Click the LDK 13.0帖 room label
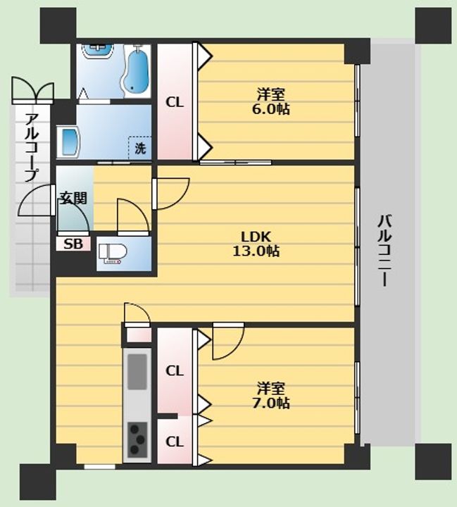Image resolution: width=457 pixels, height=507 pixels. [256, 244]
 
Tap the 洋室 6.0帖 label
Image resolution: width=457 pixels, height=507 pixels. [270, 102]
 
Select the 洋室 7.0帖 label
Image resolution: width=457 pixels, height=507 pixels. [270, 396]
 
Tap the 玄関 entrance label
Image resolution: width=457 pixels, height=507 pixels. [74, 198]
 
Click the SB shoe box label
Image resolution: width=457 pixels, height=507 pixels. [73, 244]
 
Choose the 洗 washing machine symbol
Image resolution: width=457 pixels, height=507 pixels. [140, 148]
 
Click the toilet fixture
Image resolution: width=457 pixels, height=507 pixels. [113, 254]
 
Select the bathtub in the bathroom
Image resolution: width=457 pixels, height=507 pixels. [135, 70]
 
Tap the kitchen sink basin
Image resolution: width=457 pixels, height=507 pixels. [137, 372]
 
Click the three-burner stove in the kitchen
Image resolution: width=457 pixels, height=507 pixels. [137, 439]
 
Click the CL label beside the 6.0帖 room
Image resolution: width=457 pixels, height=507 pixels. [175, 103]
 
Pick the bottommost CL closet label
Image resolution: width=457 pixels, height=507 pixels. [175, 442]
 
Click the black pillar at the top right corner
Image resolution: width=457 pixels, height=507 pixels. [433, 26]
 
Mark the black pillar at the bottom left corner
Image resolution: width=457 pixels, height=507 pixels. [38, 482]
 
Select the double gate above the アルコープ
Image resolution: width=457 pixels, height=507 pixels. [32, 90]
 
